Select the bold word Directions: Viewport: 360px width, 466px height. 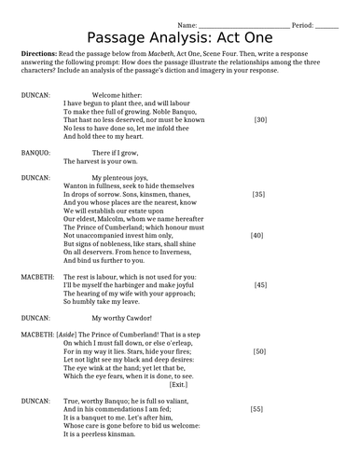(x=40, y=55)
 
